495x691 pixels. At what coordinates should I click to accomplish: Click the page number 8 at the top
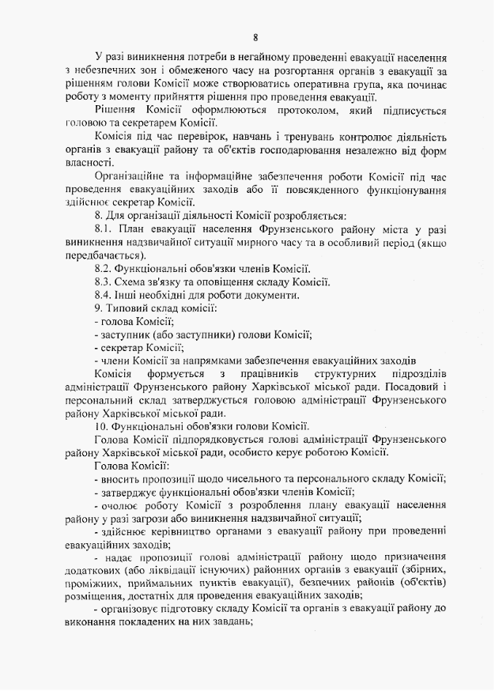(x=255, y=37)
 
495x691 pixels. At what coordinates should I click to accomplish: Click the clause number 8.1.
(x=105, y=228)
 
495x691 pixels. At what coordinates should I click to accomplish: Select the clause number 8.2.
(x=105, y=269)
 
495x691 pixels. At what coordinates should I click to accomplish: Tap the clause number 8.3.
(x=105, y=282)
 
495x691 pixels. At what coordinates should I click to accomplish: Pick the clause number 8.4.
(x=105, y=295)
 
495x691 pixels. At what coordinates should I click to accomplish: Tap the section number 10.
(x=101, y=425)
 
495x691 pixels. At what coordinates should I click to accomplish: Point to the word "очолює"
(x=122, y=505)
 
